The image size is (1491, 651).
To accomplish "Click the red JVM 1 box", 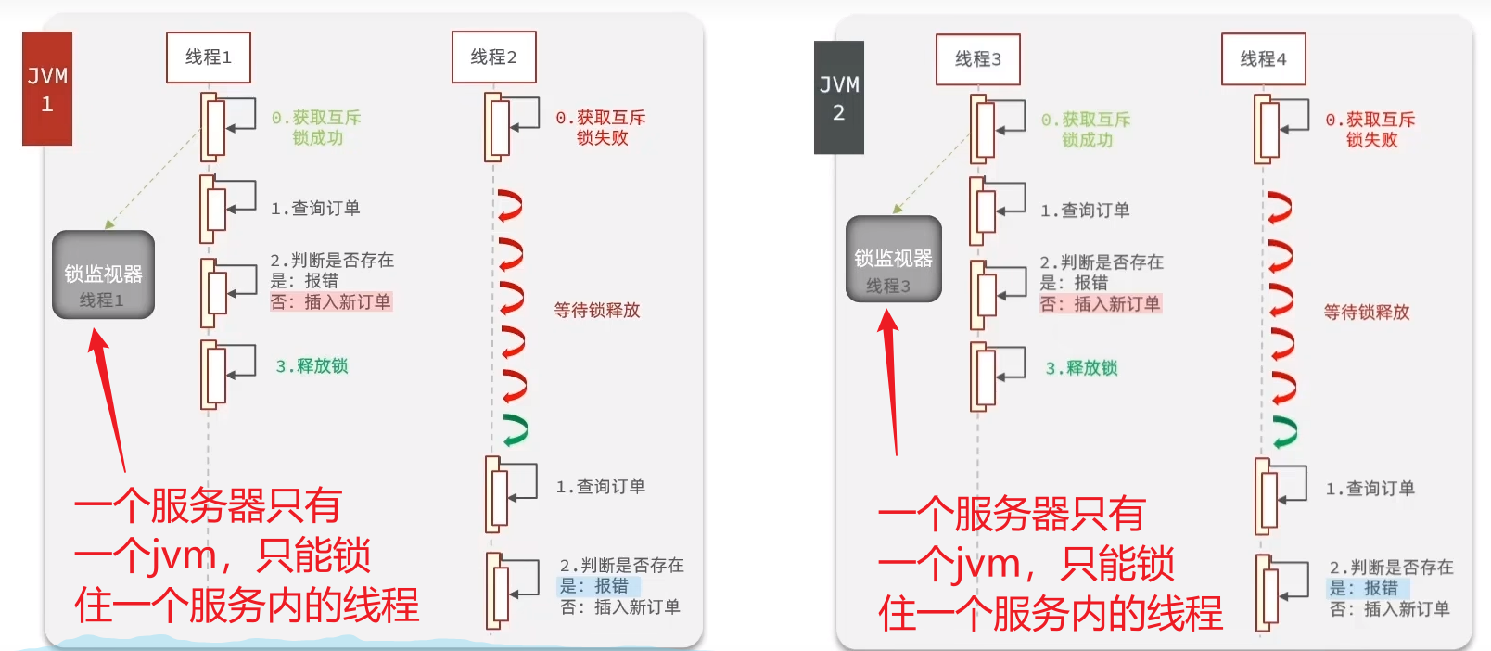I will [x=47, y=89].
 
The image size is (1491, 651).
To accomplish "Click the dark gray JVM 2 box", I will [x=839, y=98].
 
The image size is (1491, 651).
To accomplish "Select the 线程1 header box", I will [x=209, y=57].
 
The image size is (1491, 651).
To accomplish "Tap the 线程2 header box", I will [x=493, y=57].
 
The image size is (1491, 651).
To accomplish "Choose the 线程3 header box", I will [x=978, y=59].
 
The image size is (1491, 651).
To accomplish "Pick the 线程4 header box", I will [x=1263, y=59].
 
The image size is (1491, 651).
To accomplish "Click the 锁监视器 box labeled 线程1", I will [x=103, y=275].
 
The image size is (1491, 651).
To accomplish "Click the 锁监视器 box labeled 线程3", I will [x=894, y=260].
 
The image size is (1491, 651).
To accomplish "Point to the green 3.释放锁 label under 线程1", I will [x=312, y=366].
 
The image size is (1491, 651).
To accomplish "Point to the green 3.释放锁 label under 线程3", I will [x=1081, y=368].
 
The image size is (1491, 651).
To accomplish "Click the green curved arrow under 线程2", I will [x=515, y=429].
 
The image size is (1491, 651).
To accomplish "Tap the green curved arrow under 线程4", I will [x=1284, y=431].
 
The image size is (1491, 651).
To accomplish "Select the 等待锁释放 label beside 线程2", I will [x=597, y=311].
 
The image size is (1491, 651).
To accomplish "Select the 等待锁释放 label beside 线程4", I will [x=1367, y=313].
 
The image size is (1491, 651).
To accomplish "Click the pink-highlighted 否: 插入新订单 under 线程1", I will [x=331, y=301].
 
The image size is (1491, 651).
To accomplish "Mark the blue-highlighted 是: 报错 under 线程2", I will [x=594, y=586].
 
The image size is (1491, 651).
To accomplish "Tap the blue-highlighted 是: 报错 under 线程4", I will [x=1364, y=588].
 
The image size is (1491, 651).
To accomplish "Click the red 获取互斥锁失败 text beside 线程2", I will [x=601, y=128].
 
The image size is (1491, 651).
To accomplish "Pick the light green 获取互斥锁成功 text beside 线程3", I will [x=1086, y=130].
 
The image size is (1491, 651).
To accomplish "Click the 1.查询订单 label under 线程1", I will [x=315, y=209].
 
